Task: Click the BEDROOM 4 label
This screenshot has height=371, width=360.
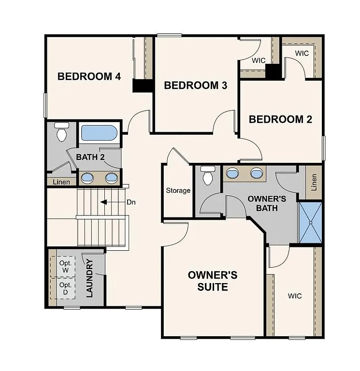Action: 89,76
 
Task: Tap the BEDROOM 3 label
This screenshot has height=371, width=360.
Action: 196,86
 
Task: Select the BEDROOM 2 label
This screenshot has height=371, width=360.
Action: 280,119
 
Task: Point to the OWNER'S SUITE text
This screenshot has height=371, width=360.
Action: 213,281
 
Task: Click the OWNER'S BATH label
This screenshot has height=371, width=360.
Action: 267,203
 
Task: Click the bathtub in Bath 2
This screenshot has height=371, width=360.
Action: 99,133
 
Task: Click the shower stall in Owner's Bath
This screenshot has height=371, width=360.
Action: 310,222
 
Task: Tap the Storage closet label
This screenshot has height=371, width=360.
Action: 178,191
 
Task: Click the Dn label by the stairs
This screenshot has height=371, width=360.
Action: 131,202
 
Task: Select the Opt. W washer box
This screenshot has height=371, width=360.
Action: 65,266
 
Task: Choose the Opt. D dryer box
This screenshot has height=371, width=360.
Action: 65,288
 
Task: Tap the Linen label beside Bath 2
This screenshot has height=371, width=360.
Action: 61,182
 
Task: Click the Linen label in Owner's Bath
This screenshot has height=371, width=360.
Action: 314,182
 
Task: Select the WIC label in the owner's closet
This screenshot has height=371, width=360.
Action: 295,296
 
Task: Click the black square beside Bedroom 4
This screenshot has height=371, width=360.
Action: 143,86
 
